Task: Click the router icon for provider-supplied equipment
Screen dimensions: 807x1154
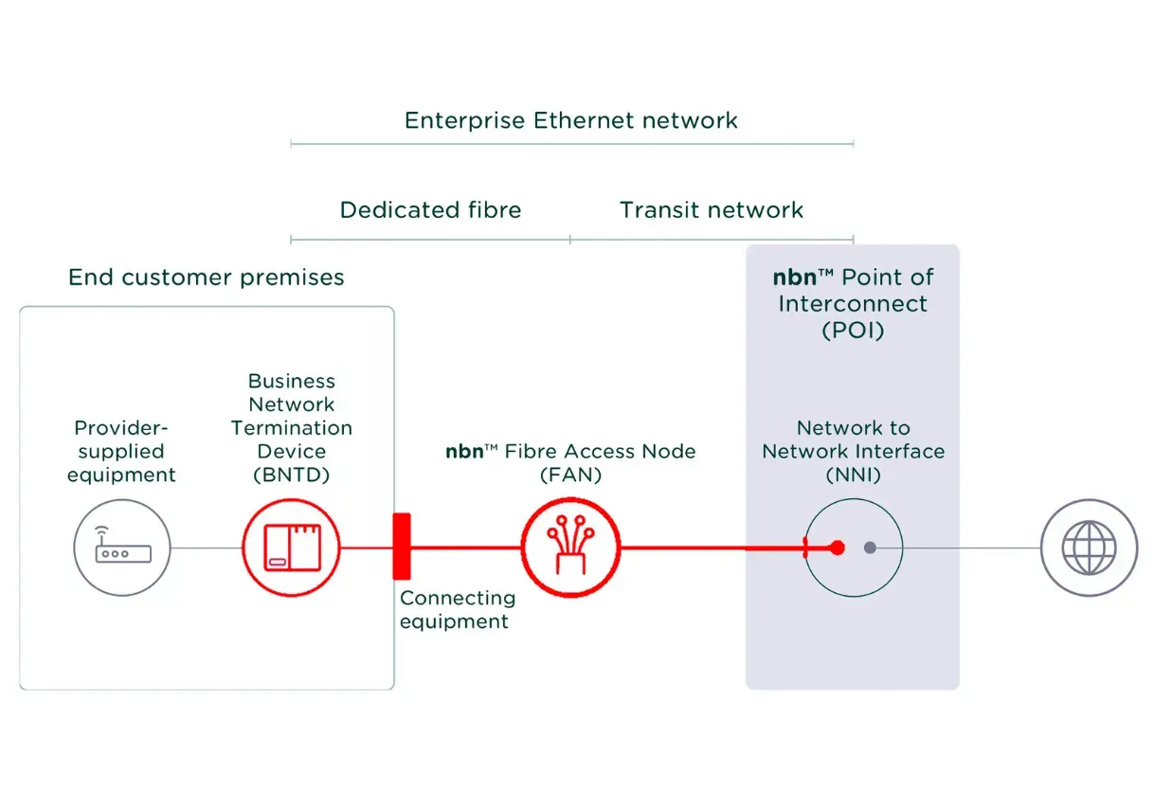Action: click(122, 547)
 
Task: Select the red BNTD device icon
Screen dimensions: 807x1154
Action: click(291, 547)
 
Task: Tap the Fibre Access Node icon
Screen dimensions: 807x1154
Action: click(570, 547)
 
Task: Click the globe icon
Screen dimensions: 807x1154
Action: click(1089, 547)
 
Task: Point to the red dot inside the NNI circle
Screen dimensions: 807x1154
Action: click(837, 547)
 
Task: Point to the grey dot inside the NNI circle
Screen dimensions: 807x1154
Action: click(870, 547)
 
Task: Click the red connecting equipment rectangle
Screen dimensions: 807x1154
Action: click(402, 546)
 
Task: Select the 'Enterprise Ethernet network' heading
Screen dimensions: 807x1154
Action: click(570, 120)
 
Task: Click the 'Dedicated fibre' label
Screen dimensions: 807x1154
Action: click(430, 209)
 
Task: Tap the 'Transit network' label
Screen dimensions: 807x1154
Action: click(712, 209)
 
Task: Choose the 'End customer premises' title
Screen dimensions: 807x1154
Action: click(207, 277)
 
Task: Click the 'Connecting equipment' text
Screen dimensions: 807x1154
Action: click(457, 609)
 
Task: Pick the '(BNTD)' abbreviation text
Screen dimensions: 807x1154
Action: click(291, 475)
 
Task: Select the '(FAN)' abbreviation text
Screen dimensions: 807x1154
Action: click(570, 475)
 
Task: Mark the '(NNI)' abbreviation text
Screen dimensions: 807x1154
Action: click(853, 475)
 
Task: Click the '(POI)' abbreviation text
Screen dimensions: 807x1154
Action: click(853, 330)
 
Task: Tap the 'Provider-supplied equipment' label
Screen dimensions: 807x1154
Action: click(121, 452)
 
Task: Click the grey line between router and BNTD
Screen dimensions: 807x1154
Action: click(206, 547)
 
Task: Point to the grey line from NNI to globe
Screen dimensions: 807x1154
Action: click(971, 547)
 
